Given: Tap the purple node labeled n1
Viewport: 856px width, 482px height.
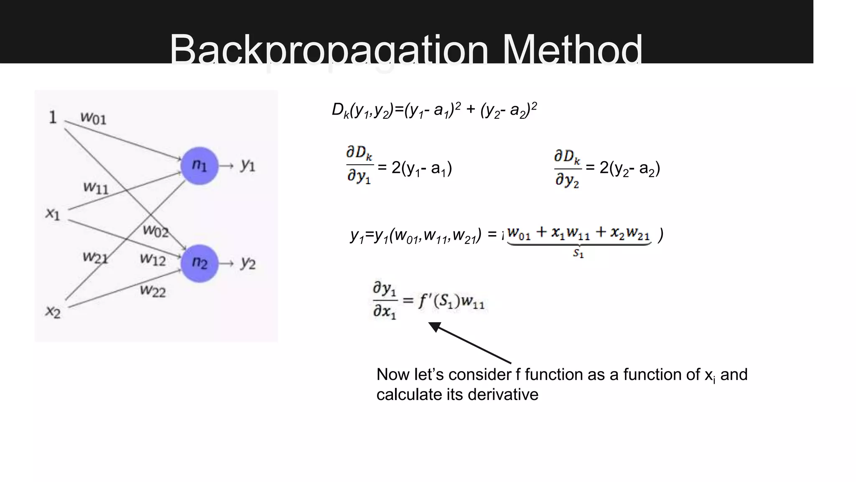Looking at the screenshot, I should (x=199, y=166).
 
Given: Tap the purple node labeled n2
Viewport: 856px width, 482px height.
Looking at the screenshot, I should (x=199, y=263).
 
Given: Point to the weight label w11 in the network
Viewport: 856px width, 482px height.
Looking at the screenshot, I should (x=96, y=187).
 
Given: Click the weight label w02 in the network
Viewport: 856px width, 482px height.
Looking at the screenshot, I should (x=155, y=231).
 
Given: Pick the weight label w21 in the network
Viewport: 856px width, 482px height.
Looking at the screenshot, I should (x=95, y=257).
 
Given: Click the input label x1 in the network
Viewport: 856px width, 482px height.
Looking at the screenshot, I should (x=53, y=214).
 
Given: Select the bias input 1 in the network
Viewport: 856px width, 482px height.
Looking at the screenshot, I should (x=53, y=117).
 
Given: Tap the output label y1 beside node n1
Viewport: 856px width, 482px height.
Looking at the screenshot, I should (x=247, y=166).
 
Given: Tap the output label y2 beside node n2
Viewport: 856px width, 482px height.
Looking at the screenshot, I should (x=247, y=263).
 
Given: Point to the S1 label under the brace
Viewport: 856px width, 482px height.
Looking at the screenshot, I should (x=578, y=253).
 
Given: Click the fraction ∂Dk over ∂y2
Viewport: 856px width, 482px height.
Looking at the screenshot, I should (x=567, y=169).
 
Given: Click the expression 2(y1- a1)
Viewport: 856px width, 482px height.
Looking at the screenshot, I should (x=421, y=168).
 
